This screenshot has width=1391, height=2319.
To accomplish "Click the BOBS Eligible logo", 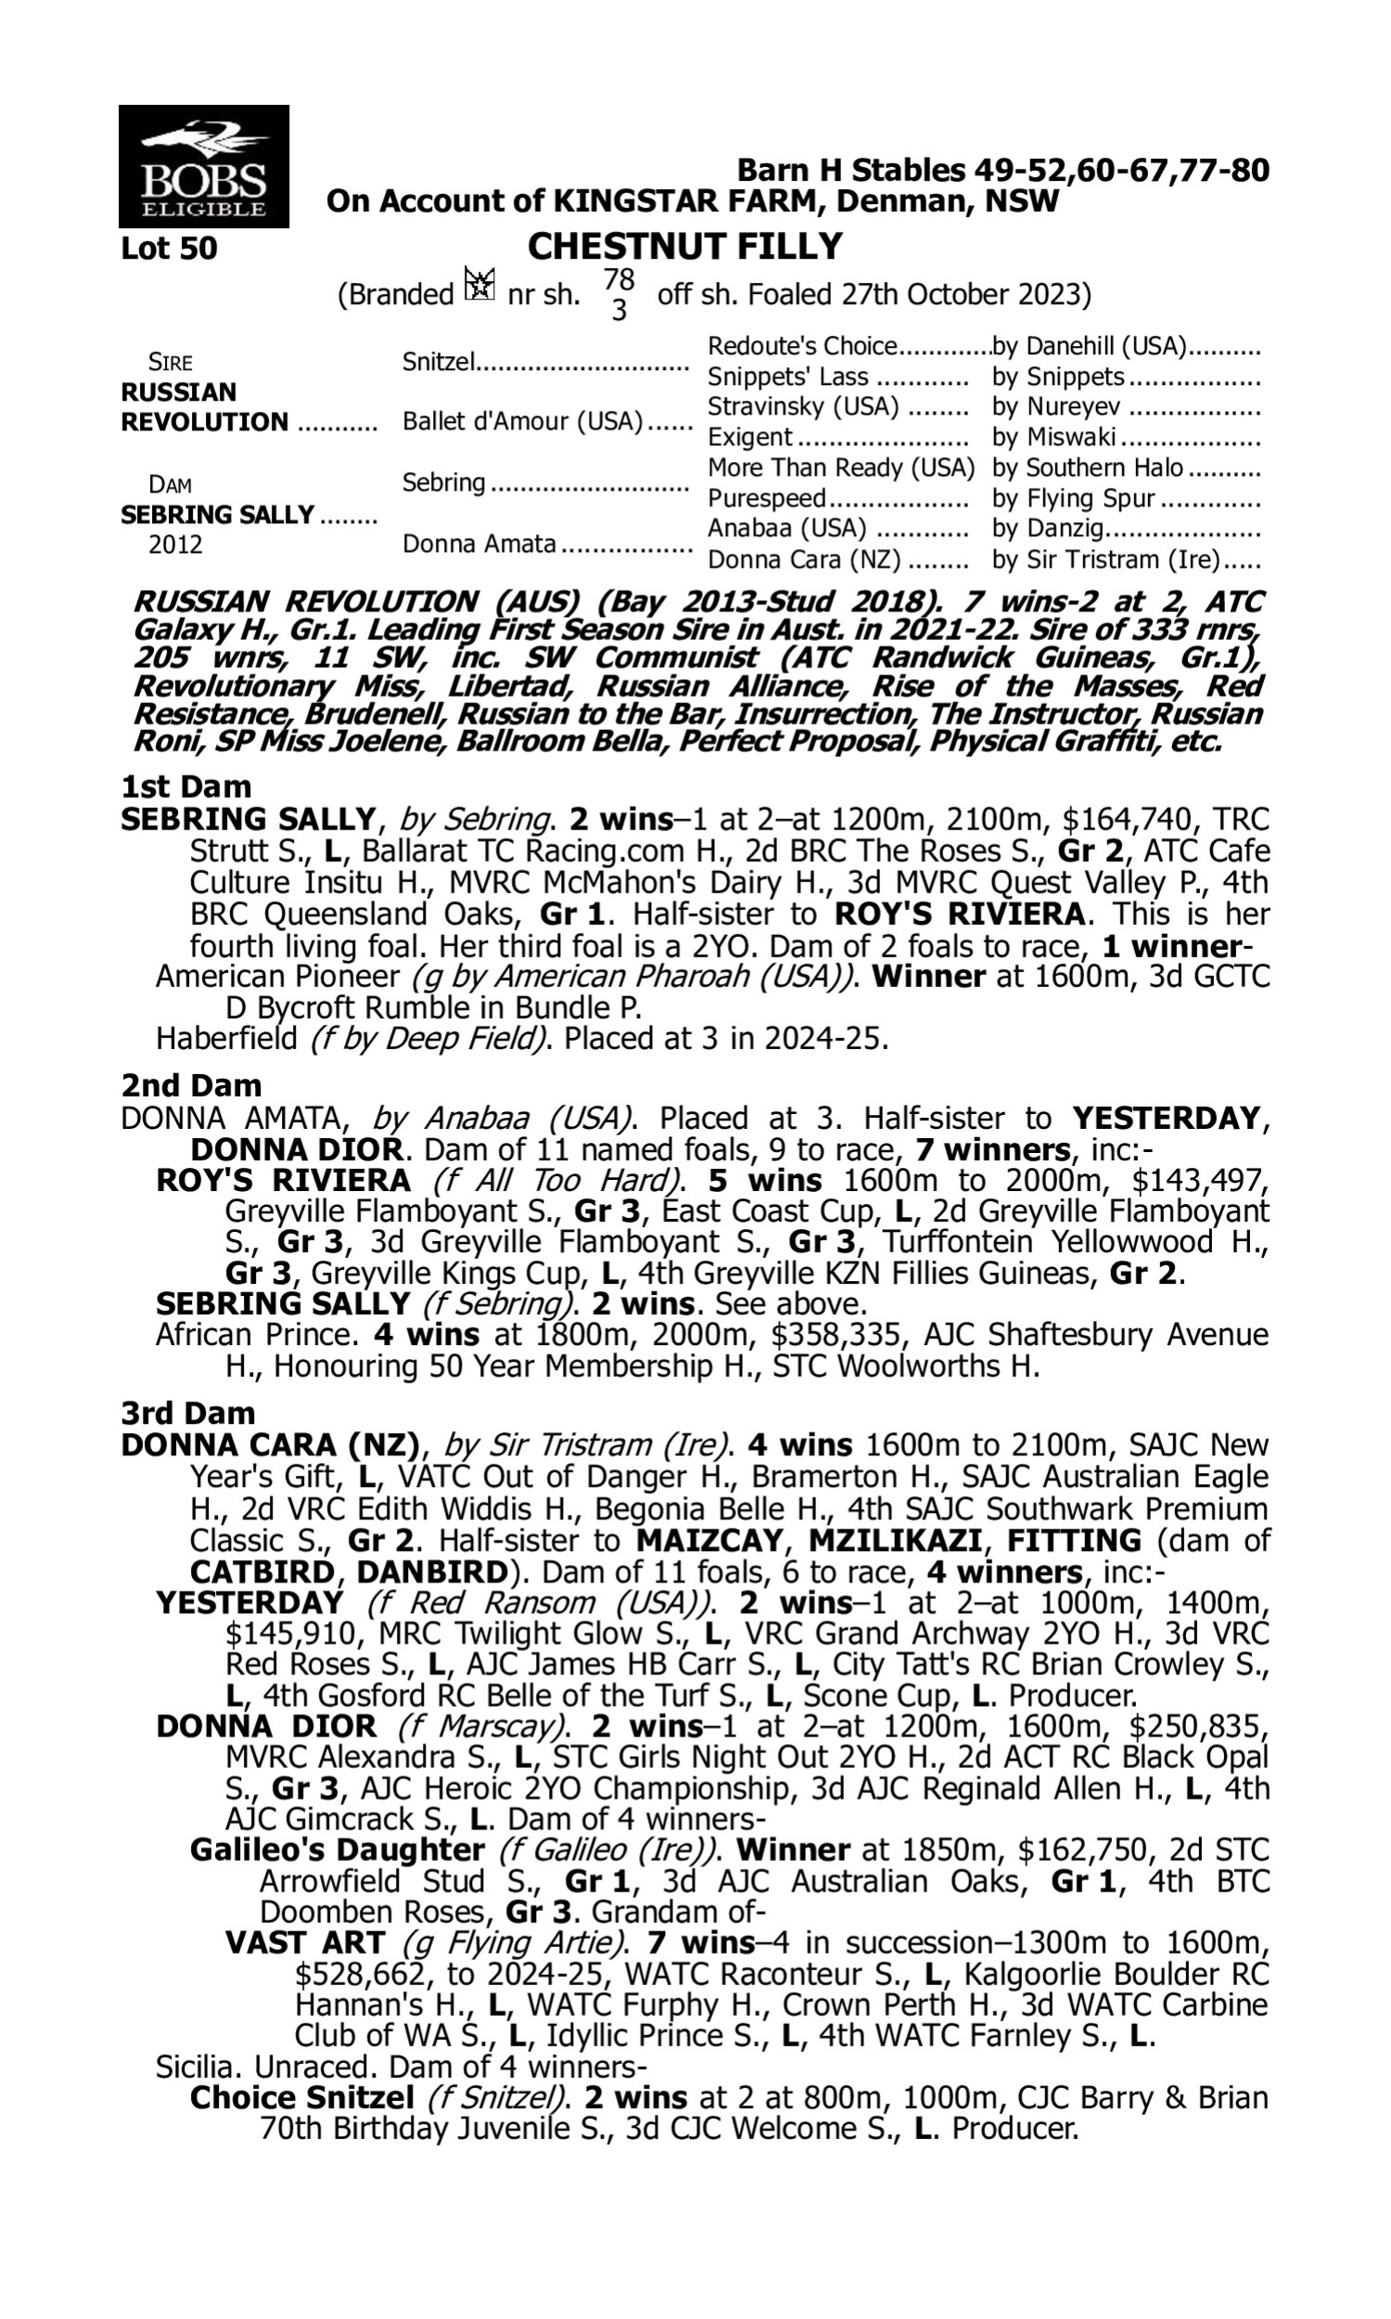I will pos(203,167).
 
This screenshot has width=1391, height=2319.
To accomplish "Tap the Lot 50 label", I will pos(170,249).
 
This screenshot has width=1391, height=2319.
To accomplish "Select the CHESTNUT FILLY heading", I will pos(684,247).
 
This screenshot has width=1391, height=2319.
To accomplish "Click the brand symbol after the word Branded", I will pos(479,285).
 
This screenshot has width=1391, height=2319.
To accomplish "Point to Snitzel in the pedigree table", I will pos(439,362).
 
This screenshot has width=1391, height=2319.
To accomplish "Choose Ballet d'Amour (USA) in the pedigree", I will pos(522,422).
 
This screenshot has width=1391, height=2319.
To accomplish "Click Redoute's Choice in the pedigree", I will pos(802,347).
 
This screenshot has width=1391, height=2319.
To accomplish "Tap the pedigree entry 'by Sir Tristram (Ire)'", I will pos(1105,559).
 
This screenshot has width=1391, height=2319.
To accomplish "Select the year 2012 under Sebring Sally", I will pos(175,545).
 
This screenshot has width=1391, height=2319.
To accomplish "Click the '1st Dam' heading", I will pos(186,787).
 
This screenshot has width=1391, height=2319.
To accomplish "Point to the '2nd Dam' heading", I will pos(191,1085).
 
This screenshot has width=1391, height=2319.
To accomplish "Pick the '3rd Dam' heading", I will pos(188,1413).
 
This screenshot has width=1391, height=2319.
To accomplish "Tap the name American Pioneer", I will pos(277,977).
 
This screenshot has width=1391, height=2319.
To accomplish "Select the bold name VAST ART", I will pos(305,1943).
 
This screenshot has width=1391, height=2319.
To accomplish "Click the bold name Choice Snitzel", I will pos(300,2098).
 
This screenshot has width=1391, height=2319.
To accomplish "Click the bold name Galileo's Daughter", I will pos(337,1851).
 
